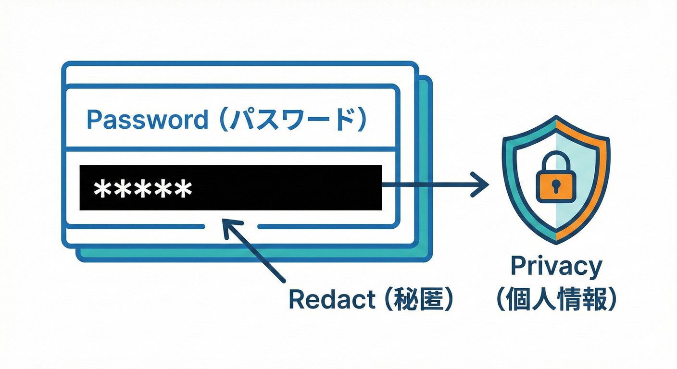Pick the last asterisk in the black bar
click(183, 188)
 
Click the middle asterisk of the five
click(143, 188)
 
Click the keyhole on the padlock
click(556, 184)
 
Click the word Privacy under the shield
click(556, 267)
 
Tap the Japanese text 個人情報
click(556, 299)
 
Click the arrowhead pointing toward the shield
click(481, 184)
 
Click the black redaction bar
click(288, 187)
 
